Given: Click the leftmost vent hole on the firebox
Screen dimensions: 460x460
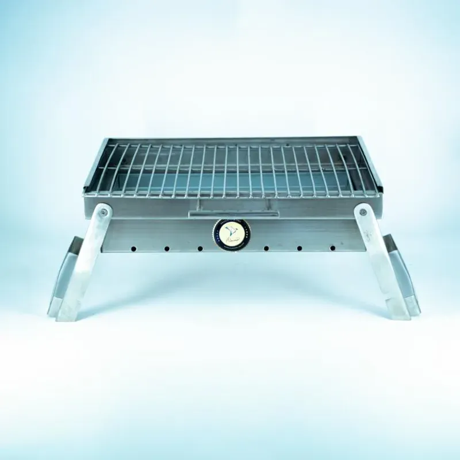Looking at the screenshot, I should (x=133, y=248).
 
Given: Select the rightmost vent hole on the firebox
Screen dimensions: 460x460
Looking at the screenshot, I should (x=332, y=248).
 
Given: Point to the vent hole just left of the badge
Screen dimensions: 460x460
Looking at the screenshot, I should (x=200, y=248).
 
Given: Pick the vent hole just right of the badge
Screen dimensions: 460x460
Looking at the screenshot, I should (x=266, y=248).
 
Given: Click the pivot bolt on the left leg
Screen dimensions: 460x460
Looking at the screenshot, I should (x=102, y=212).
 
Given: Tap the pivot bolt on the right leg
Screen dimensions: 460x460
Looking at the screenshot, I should (x=362, y=212).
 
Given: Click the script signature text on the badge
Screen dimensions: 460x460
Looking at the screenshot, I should (x=232, y=239).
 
